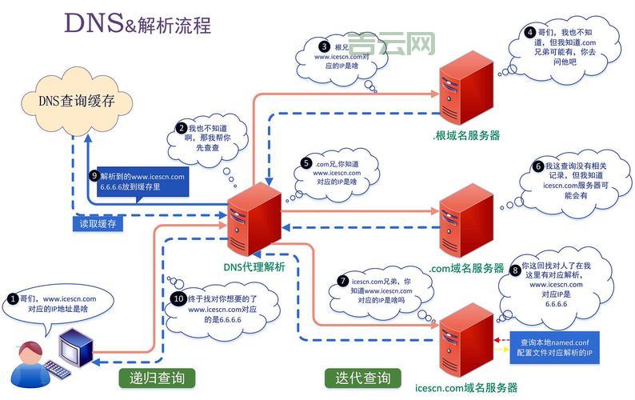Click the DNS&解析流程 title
click(x=138, y=23)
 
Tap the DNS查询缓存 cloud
click(x=75, y=102)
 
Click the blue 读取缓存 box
click(x=98, y=224)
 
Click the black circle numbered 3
click(x=324, y=46)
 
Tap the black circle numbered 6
click(x=537, y=166)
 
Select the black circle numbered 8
click(x=515, y=270)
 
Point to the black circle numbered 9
click(x=94, y=176)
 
